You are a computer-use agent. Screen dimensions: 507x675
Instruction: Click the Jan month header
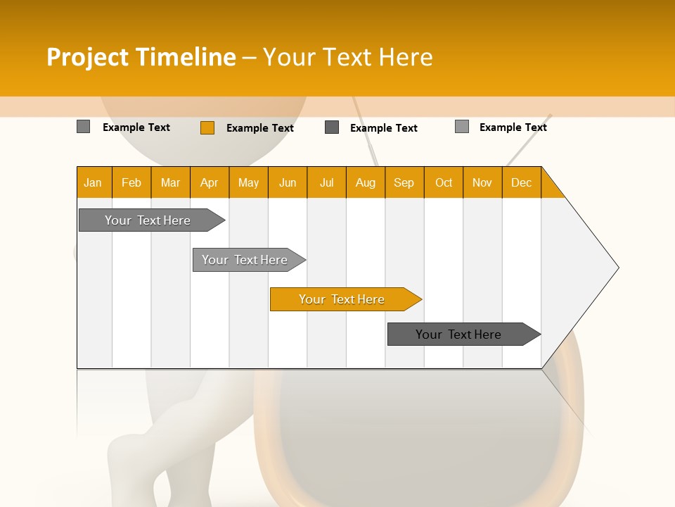tap(94, 182)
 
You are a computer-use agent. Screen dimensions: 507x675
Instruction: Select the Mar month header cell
tap(170, 182)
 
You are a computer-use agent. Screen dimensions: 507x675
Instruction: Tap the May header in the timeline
tap(248, 182)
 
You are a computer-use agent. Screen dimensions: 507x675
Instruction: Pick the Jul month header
tap(326, 182)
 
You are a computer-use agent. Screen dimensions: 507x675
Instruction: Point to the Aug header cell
tap(365, 182)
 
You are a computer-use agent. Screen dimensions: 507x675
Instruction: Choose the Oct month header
tap(443, 182)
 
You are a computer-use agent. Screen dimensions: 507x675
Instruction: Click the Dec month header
tap(521, 182)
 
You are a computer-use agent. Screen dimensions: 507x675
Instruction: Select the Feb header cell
tap(131, 182)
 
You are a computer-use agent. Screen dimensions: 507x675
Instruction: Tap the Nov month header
tap(482, 182)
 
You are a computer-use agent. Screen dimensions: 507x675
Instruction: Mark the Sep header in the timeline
tap(404, 182)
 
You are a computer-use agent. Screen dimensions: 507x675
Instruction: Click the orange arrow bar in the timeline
tap(345, 299)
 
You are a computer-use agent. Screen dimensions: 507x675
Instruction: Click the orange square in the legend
tap(207, 127)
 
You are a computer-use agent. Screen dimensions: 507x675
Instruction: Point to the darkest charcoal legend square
tap(332, 127)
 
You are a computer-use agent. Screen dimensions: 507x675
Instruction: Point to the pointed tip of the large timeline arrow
tap(617, 267)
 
